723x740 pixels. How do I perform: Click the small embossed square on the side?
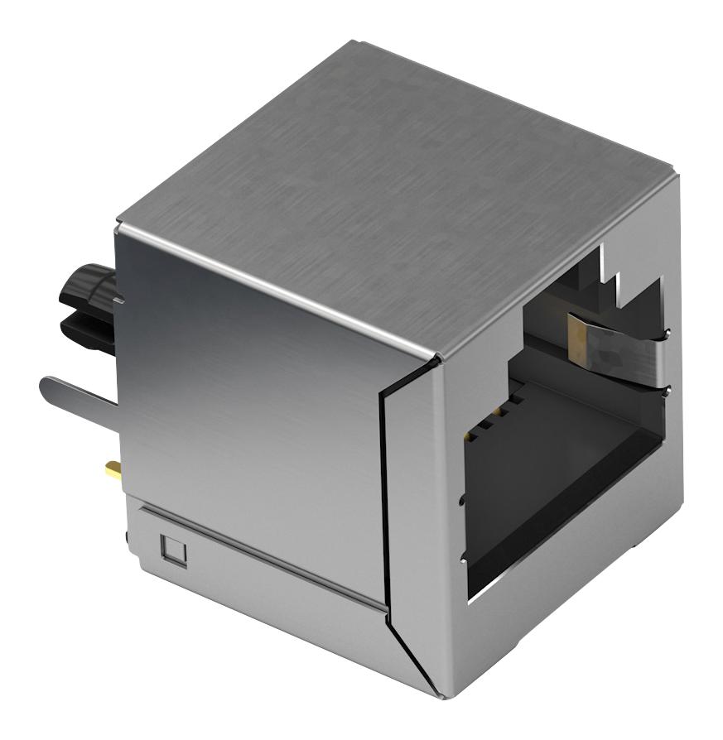point(174,547)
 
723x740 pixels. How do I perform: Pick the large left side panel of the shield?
point(248,397)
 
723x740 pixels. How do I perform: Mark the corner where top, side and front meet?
point(436,358)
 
